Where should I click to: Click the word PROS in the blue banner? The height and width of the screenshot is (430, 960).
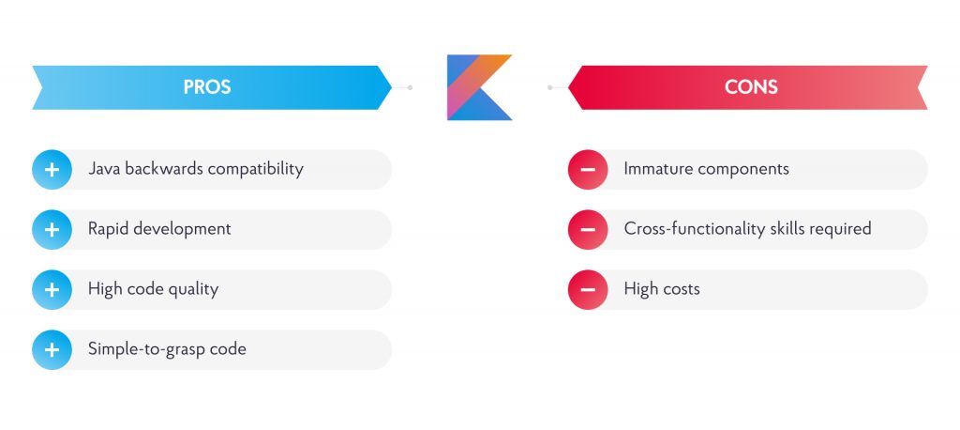click(207, 87)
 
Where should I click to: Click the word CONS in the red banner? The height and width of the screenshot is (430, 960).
click(751, 87)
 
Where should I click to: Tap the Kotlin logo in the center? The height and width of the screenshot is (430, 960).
click(479, 87)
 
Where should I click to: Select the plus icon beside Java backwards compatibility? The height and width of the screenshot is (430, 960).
click(52, 169)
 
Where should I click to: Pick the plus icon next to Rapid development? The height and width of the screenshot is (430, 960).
click(52, 229)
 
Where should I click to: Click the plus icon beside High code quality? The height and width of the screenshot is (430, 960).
click(52, 289)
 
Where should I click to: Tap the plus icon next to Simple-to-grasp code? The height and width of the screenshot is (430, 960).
click(52, 349)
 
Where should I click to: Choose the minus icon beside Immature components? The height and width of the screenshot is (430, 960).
click(588, 169)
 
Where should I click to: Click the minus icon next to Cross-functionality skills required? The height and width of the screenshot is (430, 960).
click(588, 229)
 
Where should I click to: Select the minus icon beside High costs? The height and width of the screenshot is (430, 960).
click(588, 289)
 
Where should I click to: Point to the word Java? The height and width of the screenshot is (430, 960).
click(104, 168)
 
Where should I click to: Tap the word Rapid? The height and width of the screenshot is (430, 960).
click(109, 229)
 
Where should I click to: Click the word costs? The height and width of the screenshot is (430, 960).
click(681, 289)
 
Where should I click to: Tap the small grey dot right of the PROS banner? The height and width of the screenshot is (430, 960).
click(411, 87)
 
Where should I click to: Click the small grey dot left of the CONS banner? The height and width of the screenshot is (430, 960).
click(549, 87)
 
